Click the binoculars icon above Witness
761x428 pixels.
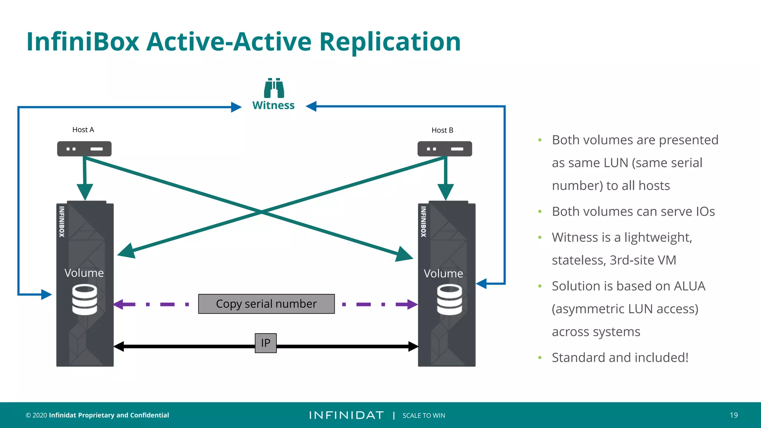tap(274, 88)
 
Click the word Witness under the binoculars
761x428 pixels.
tap(273, 106)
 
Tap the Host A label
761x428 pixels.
tap(83, 130)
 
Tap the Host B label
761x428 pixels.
tap(442, 130)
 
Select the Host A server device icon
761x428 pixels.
tap(84, 149)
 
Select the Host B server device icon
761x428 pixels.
tap(445, 149)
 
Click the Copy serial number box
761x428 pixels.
tap(266, 304)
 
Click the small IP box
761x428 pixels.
tap(266, 343)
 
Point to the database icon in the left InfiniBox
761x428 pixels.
tap(85, 299)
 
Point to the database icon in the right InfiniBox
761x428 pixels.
tap(450, 299)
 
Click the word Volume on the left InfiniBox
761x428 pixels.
tap(84, 273)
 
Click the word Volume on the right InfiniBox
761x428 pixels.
tap(443, 274)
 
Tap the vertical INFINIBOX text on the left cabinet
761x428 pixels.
tap(62, 221)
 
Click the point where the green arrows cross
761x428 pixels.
tap(262, 212)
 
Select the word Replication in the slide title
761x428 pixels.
tap(390, 42)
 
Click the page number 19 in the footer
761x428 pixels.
tap(734, 415)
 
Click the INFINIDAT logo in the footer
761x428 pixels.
tap(346, 415)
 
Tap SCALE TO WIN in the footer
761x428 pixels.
tap(424, 416)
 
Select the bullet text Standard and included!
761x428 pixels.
tap(620, 357)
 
